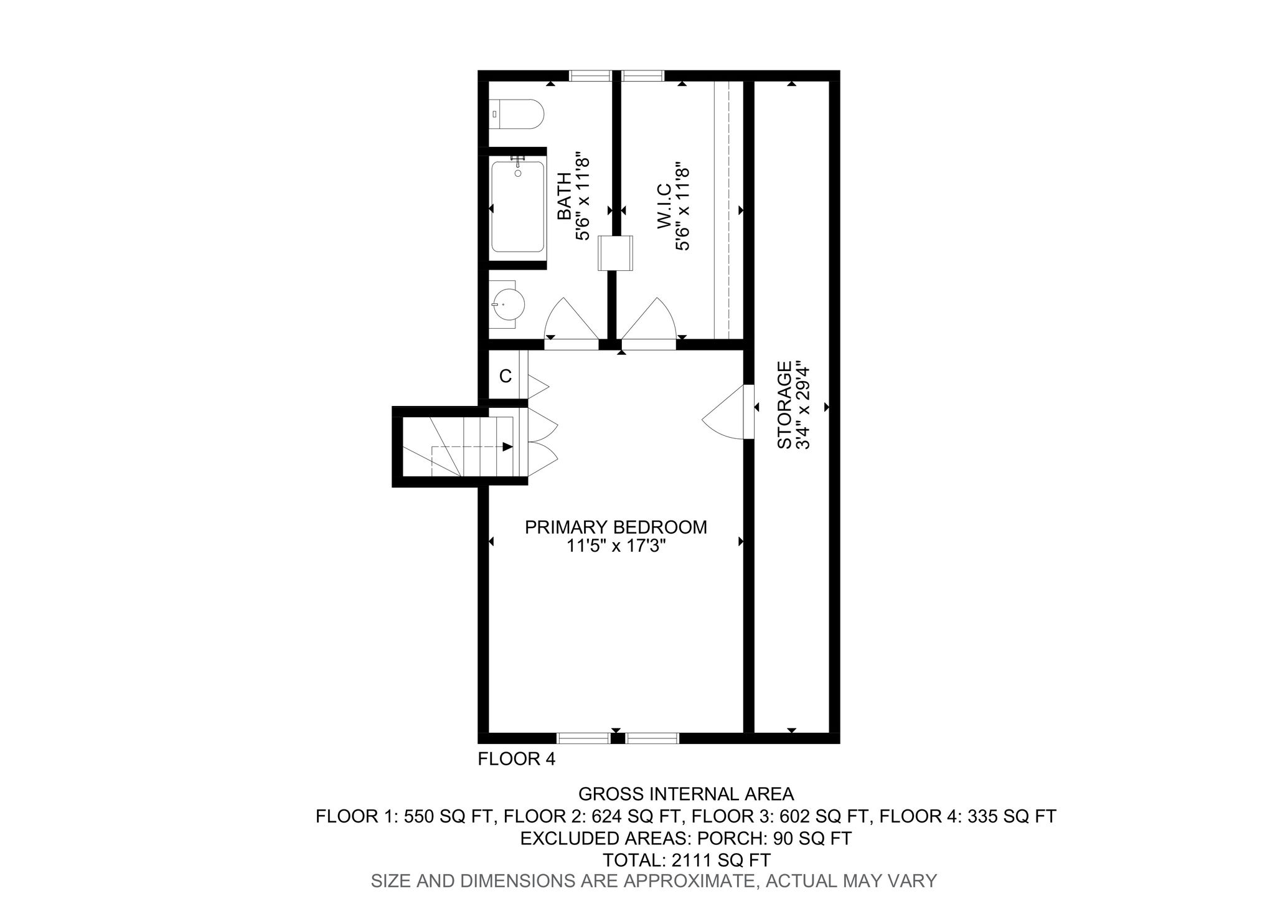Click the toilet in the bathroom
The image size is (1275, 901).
516,114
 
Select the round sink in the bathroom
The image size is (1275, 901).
507,304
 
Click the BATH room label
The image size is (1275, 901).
564,196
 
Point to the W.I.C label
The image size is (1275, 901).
664,205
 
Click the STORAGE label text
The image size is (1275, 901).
784,405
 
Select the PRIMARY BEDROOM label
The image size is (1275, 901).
616,527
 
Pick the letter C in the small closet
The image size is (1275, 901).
506,376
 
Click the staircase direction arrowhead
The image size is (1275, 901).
507,446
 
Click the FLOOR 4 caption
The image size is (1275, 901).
516,759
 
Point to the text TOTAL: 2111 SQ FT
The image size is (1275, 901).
686,860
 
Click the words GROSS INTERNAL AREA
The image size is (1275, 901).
686,794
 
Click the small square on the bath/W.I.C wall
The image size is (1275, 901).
616,253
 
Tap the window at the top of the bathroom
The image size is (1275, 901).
590,76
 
